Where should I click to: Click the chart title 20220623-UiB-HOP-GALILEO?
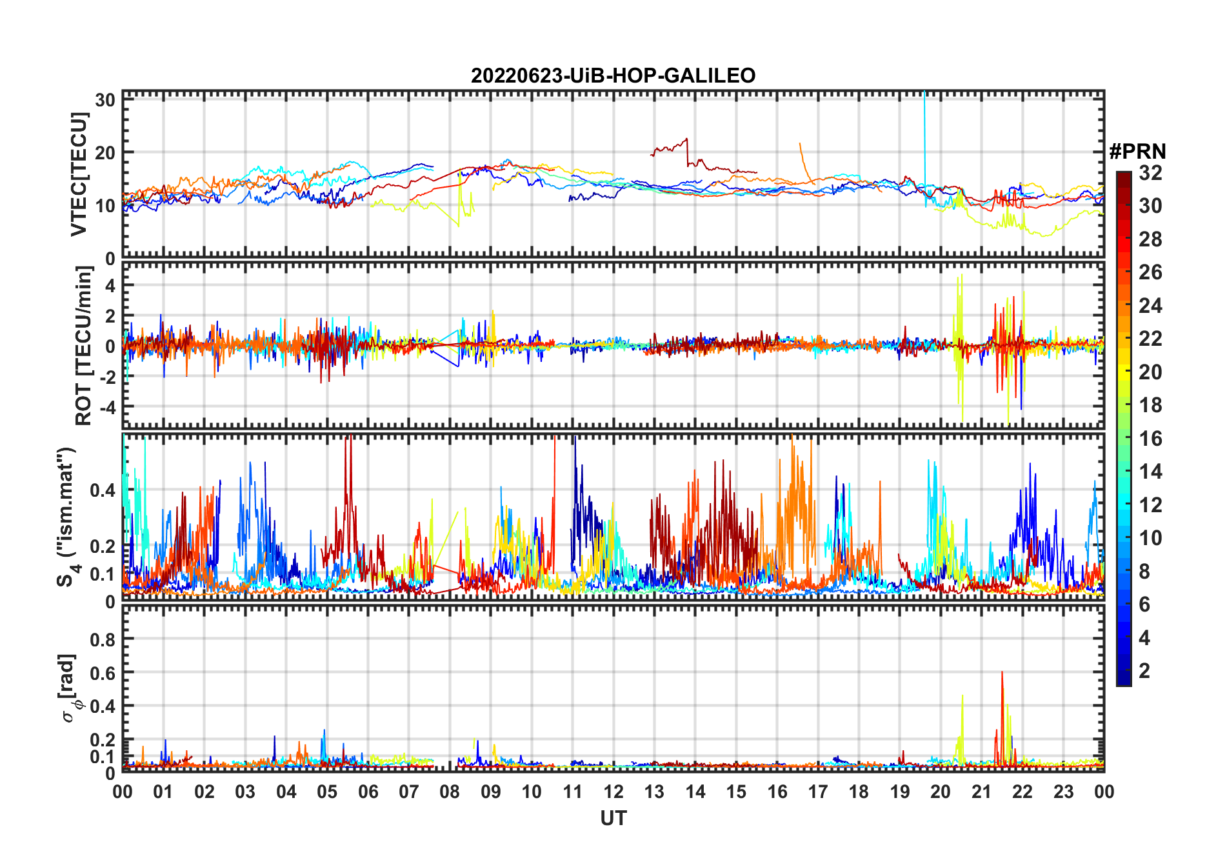pyautogui.click(x=613, y=75)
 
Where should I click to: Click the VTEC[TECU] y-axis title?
pyautogui.click(x=79, y=174)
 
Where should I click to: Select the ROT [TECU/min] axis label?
pyautogui.click(x=84, y=346)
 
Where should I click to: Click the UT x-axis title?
pyautogui.click(x=613, y=818)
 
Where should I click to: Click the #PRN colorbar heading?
pyautogui.click(x=1137, y=152)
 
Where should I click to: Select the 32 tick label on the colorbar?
pyautogui.click(x=1150, y=173)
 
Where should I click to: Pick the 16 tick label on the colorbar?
pyautogui.click(x=1150, y=439)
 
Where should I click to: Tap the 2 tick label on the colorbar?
pyautogui.click(x=1144, y=671)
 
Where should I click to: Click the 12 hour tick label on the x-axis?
pyautogui.click(x=613, y=792)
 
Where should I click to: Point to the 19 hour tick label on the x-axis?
pyautogui.click(x=900, y=792)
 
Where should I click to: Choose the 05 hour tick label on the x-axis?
pyautogui.click(x=327, y=792)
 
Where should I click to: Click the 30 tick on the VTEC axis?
pyautogui.click(x=105, y=100)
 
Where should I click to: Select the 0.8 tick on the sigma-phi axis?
pyautogui.click(x=102, y=639)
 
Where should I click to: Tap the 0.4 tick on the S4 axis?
pyautogui.click(x=102, y=490)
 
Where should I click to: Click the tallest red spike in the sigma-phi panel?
pyautogui.click(x=1002, y=673)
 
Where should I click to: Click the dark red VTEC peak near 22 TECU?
pyautogui.click(x=686, y=139)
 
